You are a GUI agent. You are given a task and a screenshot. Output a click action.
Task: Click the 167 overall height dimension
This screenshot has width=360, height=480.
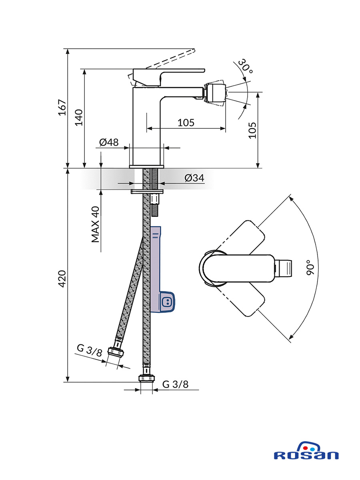[x=63, y=107]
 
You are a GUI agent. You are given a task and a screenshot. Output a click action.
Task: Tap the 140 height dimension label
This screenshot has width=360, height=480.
[x=79, y=118]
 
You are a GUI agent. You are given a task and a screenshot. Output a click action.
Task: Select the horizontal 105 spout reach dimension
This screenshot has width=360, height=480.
[x=186, y=123]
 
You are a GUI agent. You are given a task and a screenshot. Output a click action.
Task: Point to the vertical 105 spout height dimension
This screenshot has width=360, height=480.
[x=252, y=130]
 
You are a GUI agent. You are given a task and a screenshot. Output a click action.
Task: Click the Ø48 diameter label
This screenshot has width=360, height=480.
[x=109, y=142]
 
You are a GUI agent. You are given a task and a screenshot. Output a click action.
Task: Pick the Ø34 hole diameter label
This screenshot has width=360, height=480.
[x=194, y=178]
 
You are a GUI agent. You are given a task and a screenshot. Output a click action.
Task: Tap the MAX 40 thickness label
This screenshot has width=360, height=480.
[x=95, y=224]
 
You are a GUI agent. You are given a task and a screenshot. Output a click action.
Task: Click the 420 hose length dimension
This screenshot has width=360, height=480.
[x=62, y=279]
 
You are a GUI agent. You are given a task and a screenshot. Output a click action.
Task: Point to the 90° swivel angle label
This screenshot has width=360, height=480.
[x=310, y=268]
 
